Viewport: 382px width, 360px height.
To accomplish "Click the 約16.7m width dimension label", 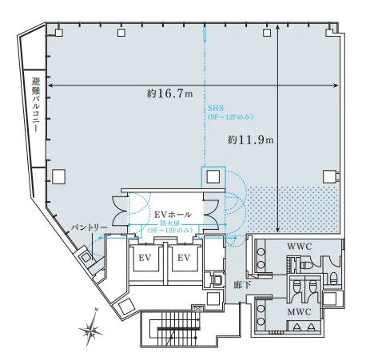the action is coord(170,93).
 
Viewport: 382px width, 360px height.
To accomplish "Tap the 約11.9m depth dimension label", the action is coord(250,140).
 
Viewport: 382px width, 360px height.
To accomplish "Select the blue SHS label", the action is coord(216,109).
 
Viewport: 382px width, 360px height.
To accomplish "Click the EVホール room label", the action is coord(173,214).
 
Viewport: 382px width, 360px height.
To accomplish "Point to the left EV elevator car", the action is coord(145,258).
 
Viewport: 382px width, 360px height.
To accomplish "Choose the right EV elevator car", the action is coord(184,258).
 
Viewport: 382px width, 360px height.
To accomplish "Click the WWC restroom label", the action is coord(299,247).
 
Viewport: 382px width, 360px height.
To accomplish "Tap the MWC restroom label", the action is coord(299,311).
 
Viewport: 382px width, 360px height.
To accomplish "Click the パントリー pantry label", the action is coord(90,227).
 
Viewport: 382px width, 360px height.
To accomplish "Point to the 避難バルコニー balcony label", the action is coord(35,105).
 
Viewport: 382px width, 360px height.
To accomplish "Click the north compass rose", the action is coord(91,328).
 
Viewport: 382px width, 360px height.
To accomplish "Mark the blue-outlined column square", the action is coord(213,176).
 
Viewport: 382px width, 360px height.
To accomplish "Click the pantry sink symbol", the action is coord(86,258).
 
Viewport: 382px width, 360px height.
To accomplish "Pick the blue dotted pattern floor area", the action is coord(292,209).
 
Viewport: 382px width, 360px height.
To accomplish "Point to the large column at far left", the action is coord(58,176).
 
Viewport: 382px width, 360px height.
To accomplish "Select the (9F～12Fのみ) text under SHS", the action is coord(230,117).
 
